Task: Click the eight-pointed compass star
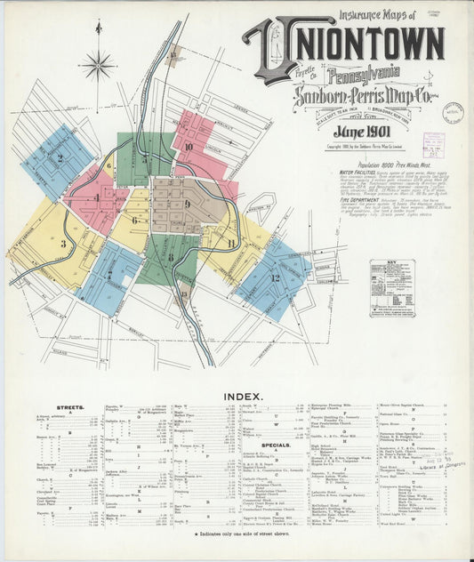coord(98,64)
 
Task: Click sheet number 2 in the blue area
coord(60,158)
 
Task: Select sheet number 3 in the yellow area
coord(63,243)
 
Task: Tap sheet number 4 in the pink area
coord(96,197)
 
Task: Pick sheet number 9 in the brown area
coord(187,204)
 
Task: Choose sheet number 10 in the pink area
coord(189,147)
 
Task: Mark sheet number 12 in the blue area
coord(275,277)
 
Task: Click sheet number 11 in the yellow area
coord(230,243)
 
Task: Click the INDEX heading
coord(237,395)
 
